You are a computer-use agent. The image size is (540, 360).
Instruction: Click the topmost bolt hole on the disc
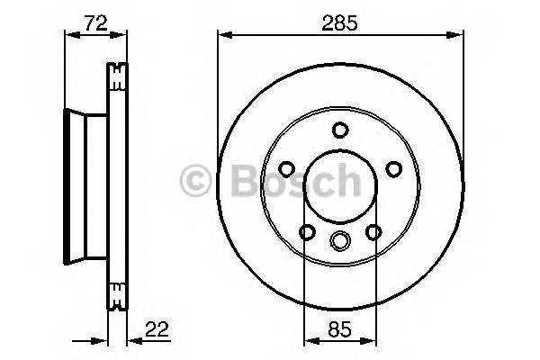tap(339, 129)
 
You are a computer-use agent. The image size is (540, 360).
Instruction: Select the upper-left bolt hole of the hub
tap(286, 168)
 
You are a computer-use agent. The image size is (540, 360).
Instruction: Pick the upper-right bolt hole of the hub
tap(392, 168)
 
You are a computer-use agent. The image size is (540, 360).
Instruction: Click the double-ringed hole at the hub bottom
tap(339, 240)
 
